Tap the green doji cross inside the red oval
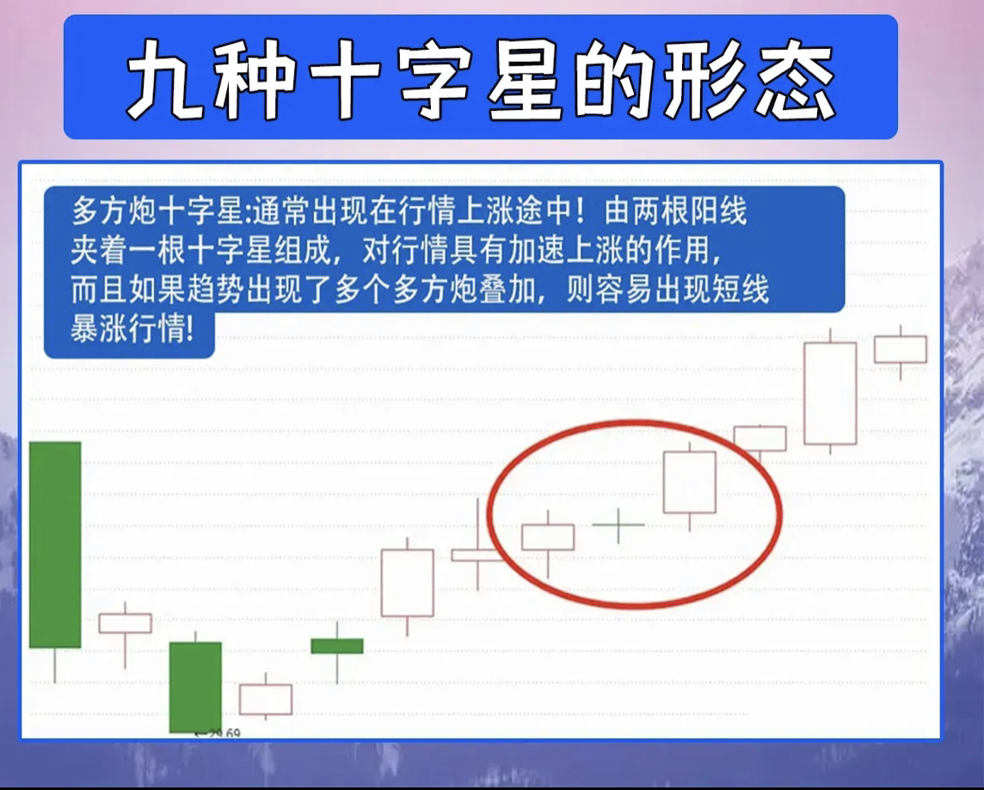pos(618,524)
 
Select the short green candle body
pos(337,646)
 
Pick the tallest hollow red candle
pos(830,393)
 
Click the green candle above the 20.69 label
pos(195,687)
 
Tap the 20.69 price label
pos(218,732)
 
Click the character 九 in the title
pos(165,78)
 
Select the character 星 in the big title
pos(525,78)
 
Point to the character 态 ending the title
pos(796,78)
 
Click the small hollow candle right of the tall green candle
pos(125,623)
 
